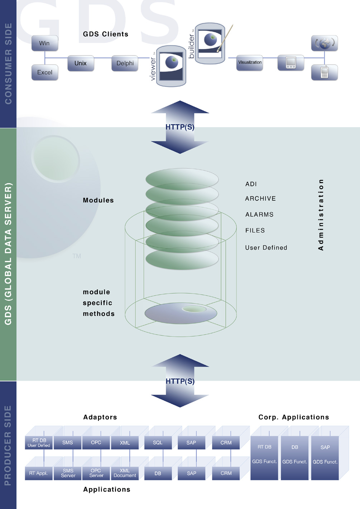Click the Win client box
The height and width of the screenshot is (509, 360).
pos(45,43)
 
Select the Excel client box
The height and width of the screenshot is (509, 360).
pos(45,72)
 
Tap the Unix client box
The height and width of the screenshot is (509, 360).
pos(81,63)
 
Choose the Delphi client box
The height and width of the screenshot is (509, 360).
pos(125,63)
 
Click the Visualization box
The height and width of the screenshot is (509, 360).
pos(250,63)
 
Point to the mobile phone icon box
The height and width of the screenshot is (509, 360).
pos(325,72)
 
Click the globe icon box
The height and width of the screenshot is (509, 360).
pos(325,43)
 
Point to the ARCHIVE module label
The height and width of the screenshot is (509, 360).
pos(260,199)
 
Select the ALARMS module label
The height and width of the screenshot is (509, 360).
pos(259,215)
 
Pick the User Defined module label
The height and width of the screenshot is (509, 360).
pos(266,248)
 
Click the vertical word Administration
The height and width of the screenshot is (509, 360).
pos(321,215)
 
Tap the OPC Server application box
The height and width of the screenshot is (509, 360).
pos(96,473)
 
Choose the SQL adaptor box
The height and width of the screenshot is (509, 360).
pos(158,443)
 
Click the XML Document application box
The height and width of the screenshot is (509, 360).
pos(125,473)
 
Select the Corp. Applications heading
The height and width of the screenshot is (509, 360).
pos(293,417)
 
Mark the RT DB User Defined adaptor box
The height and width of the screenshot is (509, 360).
pos(39,443)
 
